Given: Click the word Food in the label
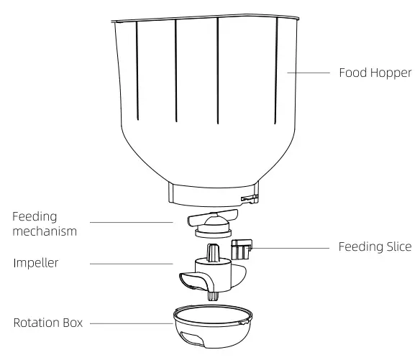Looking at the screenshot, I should pyautogui.click(x=353, y=73).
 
